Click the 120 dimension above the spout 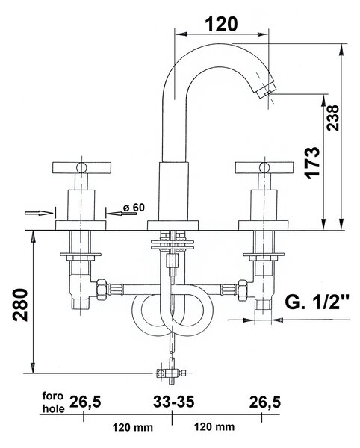(x=221, y=24)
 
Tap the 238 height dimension (x=333, y=118)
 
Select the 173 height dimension (x=313, y=163)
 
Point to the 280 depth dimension (x=21, y=305)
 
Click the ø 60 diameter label (x=134, y=208)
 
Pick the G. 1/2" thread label (x=317, y=302)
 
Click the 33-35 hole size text (x=174, y=402)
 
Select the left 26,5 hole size (x=85, y=402)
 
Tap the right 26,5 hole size (x=265, y=402)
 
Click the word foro (x=53, y=396)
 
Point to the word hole (x=54, y=408)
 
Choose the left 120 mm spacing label (x=132, y=427)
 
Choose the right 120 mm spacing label (x=214, y=427)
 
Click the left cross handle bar (x=81, y=168)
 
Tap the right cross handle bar (x=264, y=168)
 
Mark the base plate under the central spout (x=173, y=225)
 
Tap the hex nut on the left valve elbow (x=102, y=290)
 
